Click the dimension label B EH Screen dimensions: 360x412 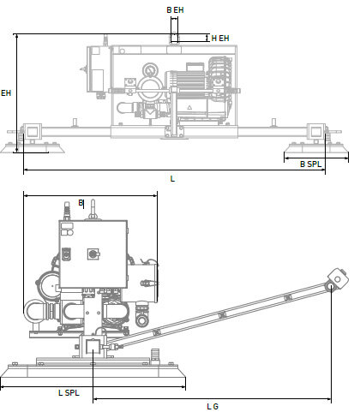[x=175, y=10]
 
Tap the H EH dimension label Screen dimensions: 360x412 [x=220, y=39]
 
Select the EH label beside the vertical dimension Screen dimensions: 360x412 [x=6, y=93]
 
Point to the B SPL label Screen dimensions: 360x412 [x=311, y=164]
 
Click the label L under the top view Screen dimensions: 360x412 [x=172, y=179]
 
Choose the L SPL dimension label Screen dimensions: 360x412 [x=69, y=393]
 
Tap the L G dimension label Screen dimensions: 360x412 [x=213, y=406]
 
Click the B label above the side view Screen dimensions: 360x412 [x=81, y=203]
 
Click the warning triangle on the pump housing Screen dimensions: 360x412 [x=189, y=108]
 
